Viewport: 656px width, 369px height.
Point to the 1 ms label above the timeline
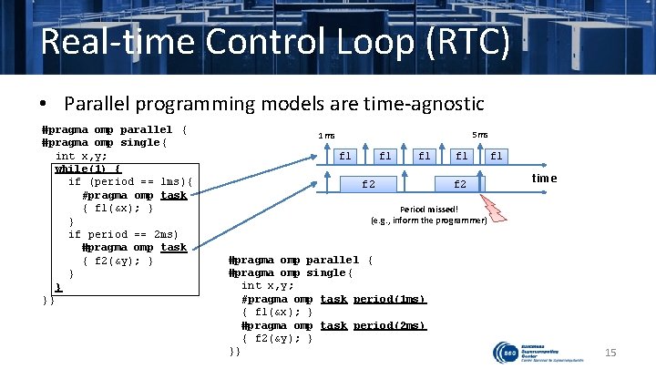tap(326, 137)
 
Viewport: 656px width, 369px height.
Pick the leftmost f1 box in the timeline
tap(345, 156)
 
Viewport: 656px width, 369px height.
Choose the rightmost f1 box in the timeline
tap(496, 156)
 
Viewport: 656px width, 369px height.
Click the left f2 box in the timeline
tap(368, 184)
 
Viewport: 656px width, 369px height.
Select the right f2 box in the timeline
tap(460, 184)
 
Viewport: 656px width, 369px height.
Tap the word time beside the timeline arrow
tap(544, 179)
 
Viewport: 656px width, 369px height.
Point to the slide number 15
tap(611, 352)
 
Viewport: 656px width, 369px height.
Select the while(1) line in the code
tap(88, 169)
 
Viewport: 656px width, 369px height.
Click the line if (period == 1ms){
tap(127, 181)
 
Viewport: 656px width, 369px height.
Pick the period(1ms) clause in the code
tap(389, 299)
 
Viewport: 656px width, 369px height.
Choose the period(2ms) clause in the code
tap(389, 325)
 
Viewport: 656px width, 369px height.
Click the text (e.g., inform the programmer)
tap(428, 220)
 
